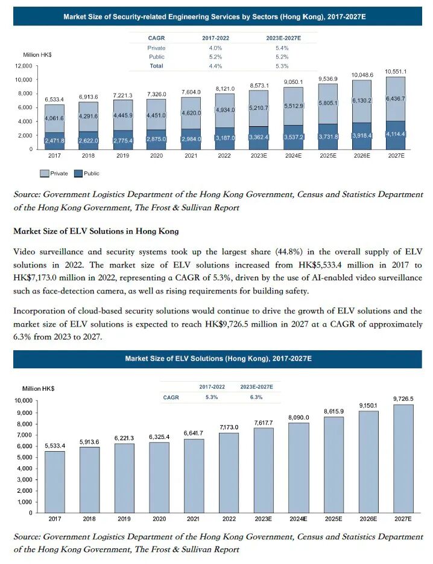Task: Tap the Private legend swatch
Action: tap(44, 174)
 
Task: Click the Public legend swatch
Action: tap(78, 174)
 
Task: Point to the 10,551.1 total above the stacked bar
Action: tap(396, 72)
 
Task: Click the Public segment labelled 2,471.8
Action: tap(54, 141)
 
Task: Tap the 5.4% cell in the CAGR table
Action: tap(281, 48)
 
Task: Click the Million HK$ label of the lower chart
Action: tap(39, 389)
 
